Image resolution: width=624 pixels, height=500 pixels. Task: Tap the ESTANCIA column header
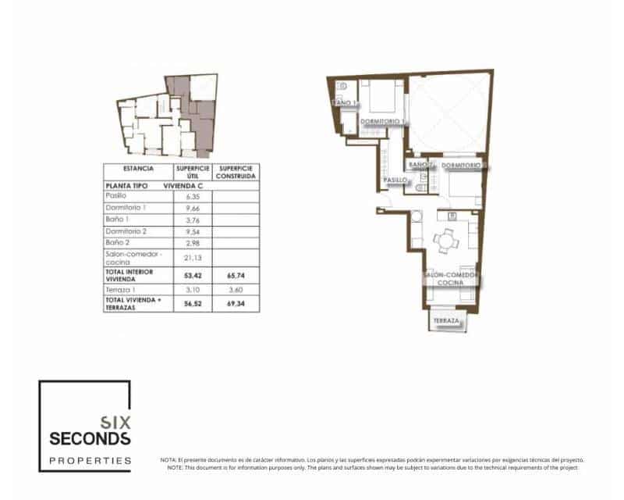tap(139, 169)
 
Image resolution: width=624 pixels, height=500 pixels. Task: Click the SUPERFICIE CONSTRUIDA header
tap(235, 172)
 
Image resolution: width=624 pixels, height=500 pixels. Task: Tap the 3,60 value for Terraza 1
tap(235, 289)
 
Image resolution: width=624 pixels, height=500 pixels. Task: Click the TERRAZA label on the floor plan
tap(447, 322)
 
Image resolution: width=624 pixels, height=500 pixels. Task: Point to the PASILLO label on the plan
tap(395, 180)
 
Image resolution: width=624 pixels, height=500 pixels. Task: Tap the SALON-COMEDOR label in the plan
tap(451, 276)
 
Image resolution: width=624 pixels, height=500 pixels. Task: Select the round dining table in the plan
tap(447, 241)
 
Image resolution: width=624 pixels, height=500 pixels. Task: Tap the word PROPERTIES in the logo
tap(90, 461)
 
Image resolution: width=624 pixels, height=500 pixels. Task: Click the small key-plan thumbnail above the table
tap(165, 117)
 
